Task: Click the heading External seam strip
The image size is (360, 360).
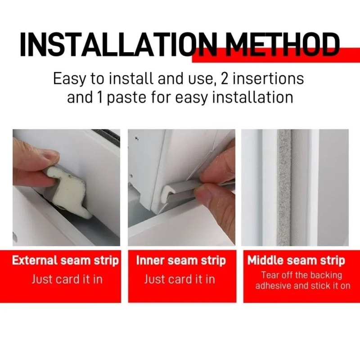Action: click(66, 261)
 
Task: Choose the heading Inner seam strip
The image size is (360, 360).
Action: click(181, 261)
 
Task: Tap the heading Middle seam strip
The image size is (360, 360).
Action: click(296, 261)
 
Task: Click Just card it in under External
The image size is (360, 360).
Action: click(67, 279)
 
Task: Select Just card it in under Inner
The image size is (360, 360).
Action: click(180, 279)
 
